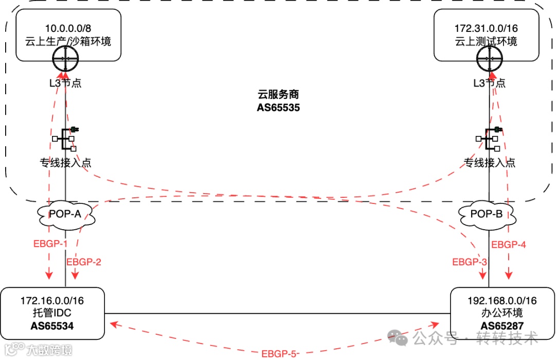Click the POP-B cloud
click(486, 215)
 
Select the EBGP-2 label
click(83, 262)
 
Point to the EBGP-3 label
click(470, 262)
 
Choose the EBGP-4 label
click(509, 245)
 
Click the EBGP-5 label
click(280, 353)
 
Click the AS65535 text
click(278, 108)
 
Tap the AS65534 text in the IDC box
click(52, 325)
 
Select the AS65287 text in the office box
click(502, 325)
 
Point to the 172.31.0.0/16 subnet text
click(486, 28)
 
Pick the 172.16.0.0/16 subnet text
click(52, 300)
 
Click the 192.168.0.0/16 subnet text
click(502, 300)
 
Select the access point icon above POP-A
click(65, 139)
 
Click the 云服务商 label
click(278, 95)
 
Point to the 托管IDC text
click(52, 313)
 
